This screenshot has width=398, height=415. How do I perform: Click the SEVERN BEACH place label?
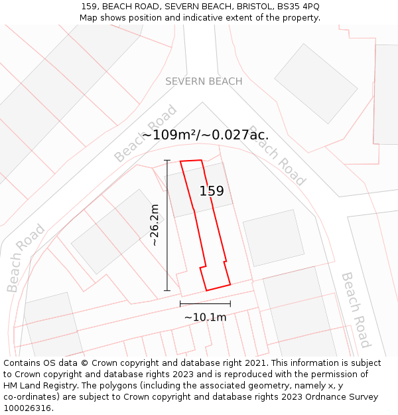[204, 81]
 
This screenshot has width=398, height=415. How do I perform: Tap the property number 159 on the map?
[212, 191]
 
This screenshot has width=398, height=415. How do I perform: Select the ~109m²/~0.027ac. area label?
[205, 135]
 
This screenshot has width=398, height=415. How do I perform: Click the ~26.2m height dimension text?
[155, 225]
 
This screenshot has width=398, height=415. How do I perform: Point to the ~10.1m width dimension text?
[205, 317]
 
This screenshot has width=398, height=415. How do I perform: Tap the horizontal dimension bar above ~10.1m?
[205, 304]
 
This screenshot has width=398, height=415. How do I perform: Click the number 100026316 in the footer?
[28, 408]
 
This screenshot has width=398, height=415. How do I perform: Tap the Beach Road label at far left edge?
[25, 258]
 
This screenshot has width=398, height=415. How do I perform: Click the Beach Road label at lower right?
[356, 309]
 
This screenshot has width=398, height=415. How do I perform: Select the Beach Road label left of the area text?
[145, 133]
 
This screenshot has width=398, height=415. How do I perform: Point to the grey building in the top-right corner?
[385, 93]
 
